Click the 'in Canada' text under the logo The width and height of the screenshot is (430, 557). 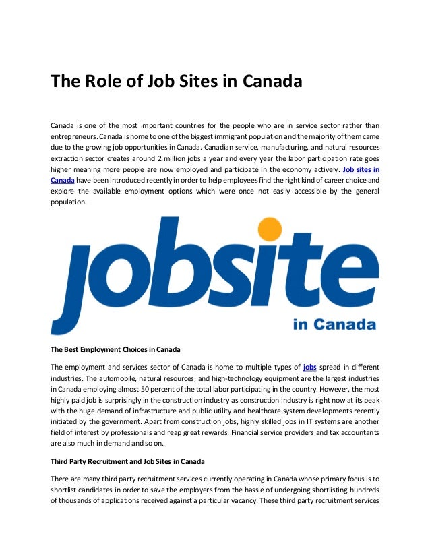click(x=334, y=325)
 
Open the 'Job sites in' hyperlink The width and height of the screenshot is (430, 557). click(x=361, y=169)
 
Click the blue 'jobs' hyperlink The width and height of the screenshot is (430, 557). click(x=310, y=366)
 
